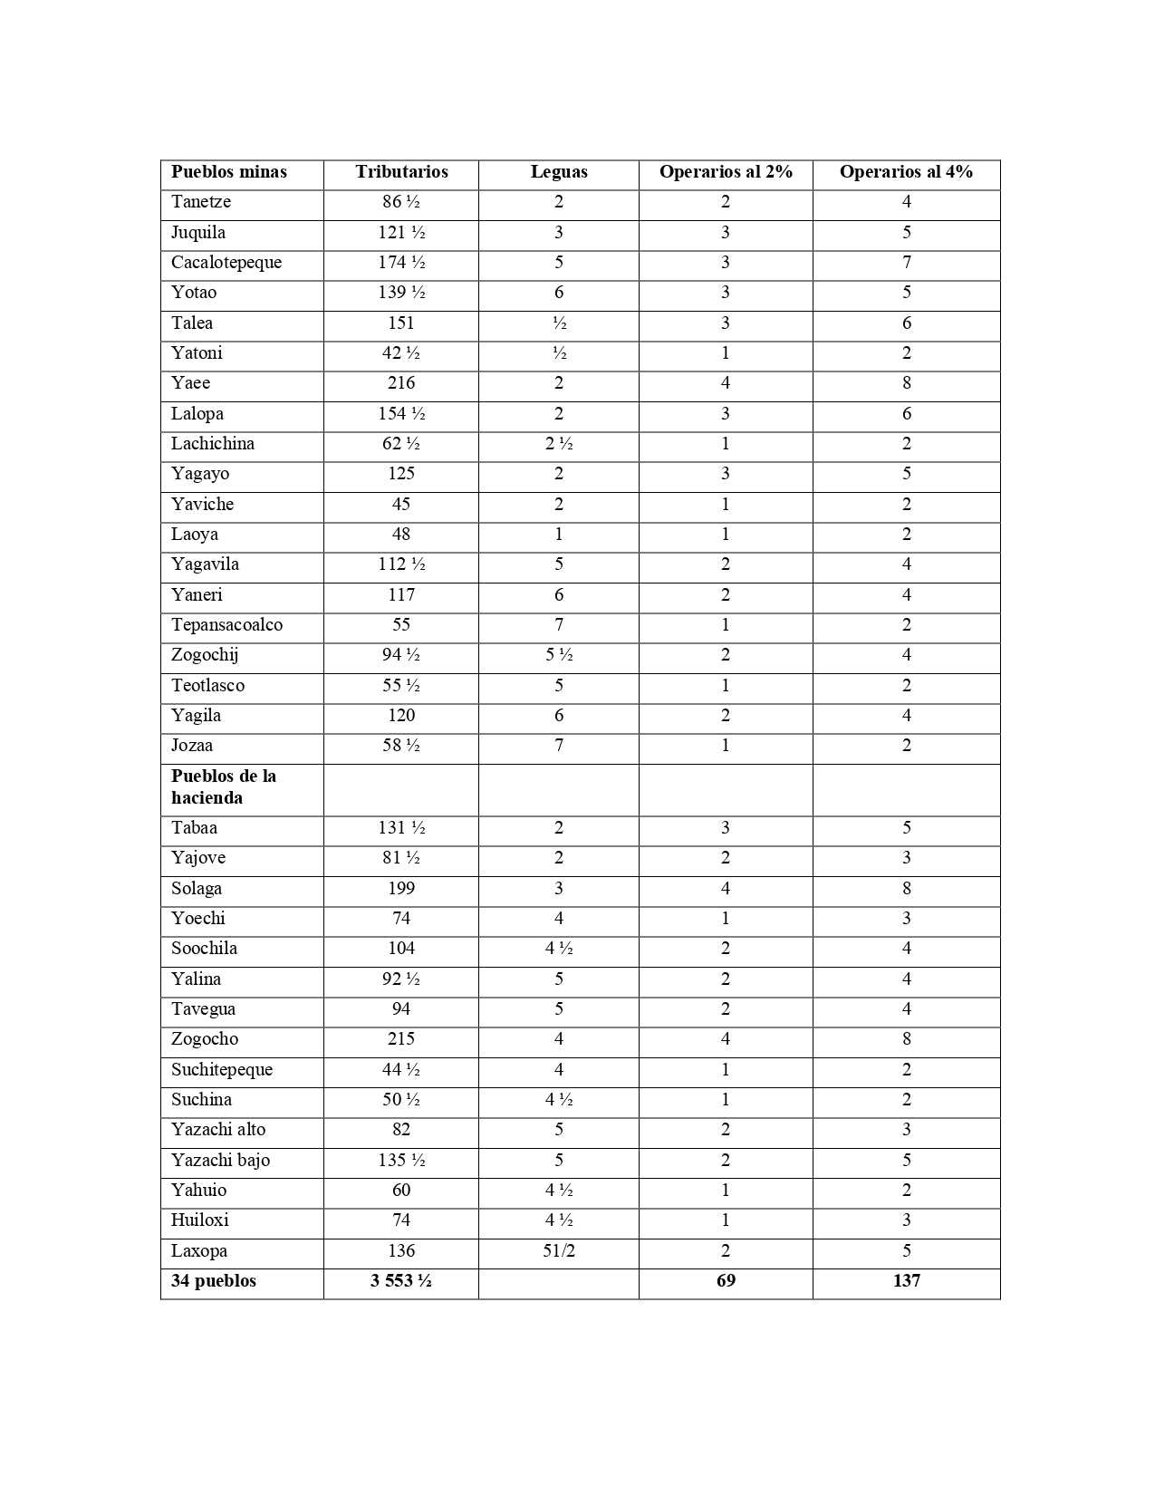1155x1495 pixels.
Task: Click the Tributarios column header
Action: pos(401,172)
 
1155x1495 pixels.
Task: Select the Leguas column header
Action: pos(559,172)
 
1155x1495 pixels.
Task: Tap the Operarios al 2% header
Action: pos(726,172)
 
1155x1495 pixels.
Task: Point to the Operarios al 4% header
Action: pos(906,172)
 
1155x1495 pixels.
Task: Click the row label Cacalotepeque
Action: pos(226,263)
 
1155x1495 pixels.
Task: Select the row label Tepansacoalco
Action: pos(226,625)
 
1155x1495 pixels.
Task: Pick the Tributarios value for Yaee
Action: pos(401,383)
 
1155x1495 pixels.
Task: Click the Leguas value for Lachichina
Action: pos(559,444)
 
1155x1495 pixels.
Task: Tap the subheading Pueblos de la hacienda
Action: pos(224,787)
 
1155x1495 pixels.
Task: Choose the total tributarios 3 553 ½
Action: pos(401,1281)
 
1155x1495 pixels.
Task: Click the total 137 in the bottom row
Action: pos(906,1281)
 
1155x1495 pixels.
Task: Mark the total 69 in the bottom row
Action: pos(726,1281)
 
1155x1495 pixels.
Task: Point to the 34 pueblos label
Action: pos(214,1281)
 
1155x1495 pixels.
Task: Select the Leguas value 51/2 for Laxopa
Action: pos(559,1251)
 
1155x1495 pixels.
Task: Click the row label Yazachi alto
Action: pos(218,1130)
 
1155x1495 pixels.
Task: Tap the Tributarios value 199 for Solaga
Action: pos(401,889)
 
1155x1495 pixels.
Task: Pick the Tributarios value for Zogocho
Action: pos(401,1039)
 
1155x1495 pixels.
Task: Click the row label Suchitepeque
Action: pos(222,1070)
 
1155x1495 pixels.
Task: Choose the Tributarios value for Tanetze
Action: pos(401,202)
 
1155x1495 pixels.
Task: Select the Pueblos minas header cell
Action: pos(229,172)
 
